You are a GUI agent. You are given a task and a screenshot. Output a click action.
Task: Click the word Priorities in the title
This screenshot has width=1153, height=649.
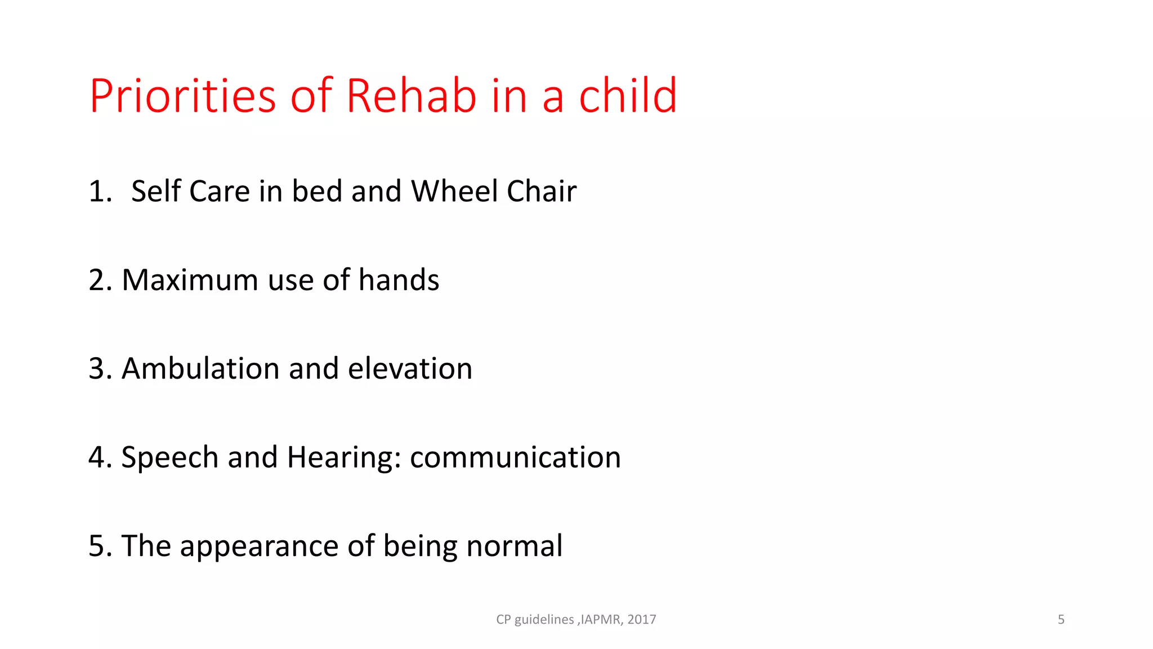pyautogui.click(x=182, y=97)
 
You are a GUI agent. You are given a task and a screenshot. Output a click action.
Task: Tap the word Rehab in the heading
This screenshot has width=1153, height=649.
pyautogui.click(x=411, y=96)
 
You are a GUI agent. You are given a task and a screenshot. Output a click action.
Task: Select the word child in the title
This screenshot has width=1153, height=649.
pyautogui.click(x=628, y=96)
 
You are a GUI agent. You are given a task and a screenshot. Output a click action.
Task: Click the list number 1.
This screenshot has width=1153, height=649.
pyautogui.click(x=99, y=192)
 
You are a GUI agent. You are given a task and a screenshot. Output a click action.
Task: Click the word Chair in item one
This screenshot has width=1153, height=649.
pyautogui.click(x=541, y=192)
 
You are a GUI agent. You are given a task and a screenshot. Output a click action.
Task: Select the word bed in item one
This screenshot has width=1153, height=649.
pyautogui.click(x=317, y=192)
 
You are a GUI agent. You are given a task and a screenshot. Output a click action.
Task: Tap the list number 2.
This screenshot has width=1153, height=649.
pyautogui.click(x=99, y=281)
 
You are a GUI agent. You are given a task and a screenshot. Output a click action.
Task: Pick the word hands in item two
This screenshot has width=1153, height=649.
pyautogui.click(x=399, y=281)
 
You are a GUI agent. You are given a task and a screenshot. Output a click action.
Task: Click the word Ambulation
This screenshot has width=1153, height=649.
pyautogui.click(x=200, y=369)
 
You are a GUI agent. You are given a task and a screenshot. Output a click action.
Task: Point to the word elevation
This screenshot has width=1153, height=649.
pyautogui.click(x=410, y=369)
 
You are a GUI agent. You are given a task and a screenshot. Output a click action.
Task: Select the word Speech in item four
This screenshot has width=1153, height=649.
pyautogui.click(x=169, y=458)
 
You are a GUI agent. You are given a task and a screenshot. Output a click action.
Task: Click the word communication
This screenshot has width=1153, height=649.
pyautogui.click(x=515, y=458)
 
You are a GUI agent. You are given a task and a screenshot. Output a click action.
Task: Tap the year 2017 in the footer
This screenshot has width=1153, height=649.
pyautogui.click(x=642, y=620)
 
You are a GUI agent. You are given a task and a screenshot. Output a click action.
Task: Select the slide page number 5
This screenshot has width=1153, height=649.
pyautogui.click(x=1061, y=620)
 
